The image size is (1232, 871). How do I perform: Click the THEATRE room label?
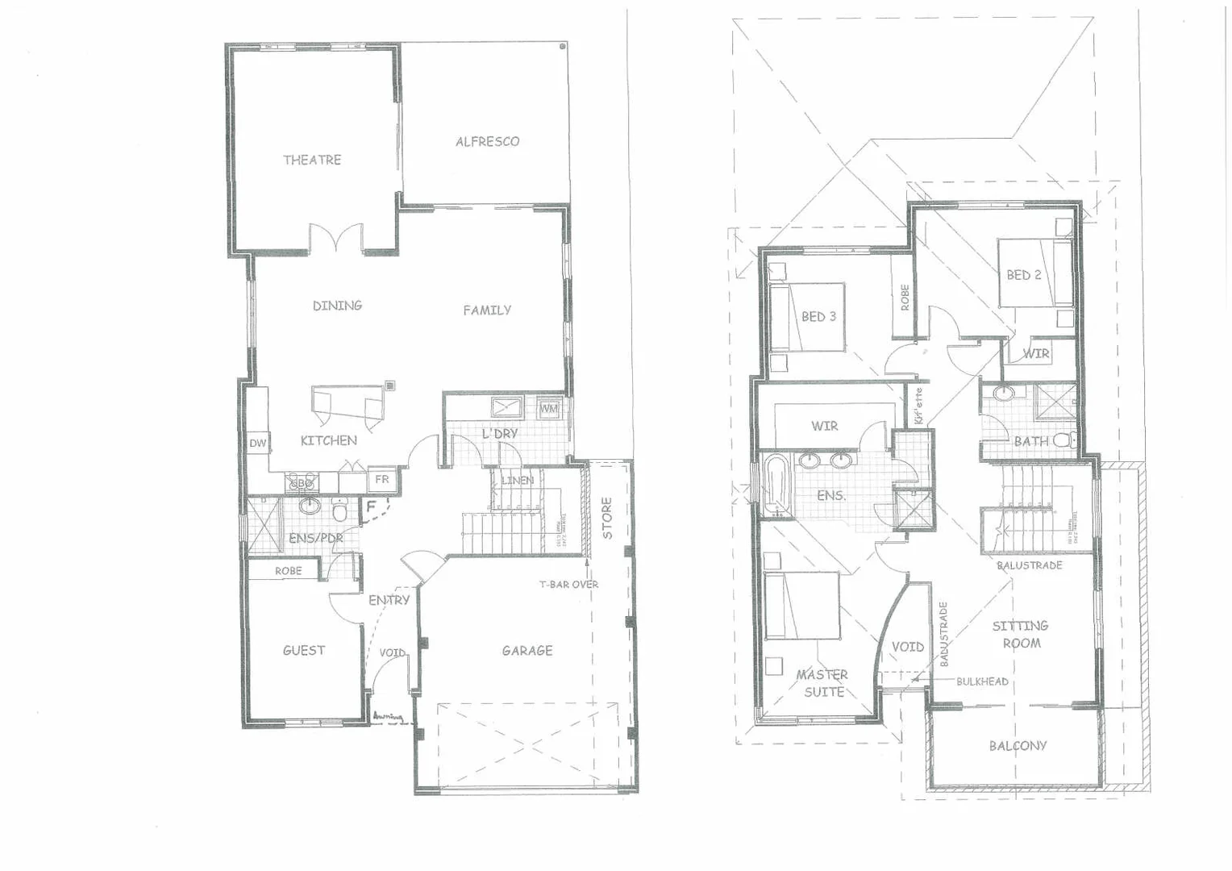(312, 160)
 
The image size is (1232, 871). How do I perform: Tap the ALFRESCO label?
(487, 141)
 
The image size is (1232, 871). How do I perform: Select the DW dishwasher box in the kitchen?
(257, 444)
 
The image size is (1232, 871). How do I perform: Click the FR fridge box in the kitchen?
(382, 479)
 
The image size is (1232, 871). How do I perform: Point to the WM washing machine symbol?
(548, 408)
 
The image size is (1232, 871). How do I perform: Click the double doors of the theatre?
(337, 239)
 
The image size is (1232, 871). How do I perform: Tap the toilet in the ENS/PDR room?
(340, 511)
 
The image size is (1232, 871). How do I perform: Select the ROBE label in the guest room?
(288, 571)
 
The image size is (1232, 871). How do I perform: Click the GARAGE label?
(527, 650)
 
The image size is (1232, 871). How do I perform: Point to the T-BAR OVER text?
(569, 584)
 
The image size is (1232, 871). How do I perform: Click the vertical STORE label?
(607, 518)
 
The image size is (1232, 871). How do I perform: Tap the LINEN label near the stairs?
(517, 481)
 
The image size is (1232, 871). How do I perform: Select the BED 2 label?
(1023, 275)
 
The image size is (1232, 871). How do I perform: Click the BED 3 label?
(818, 317)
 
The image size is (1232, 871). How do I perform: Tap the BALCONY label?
(1018, 746)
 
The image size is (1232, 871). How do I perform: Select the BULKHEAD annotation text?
(982, 681)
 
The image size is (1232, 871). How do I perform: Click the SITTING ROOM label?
(1020, 635)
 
